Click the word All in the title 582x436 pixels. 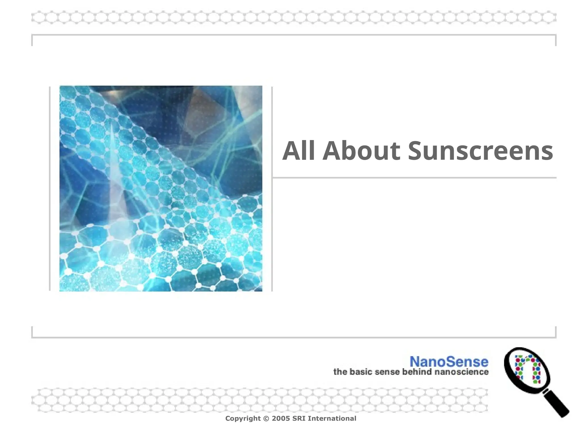click(x=298, y=151)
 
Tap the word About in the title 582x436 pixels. click(x=361, y=151)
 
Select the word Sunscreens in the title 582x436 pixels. click(x=480, y=151)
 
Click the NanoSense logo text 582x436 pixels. click(x=449, y=362)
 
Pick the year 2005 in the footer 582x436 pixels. click(x=281, y=418)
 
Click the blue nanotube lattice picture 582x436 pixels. click(x=161, y=188)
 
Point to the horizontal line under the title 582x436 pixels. click(x=414, y=178)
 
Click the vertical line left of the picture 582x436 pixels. click(x=50, y=188)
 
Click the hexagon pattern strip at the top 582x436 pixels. click(x=294, y=17)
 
